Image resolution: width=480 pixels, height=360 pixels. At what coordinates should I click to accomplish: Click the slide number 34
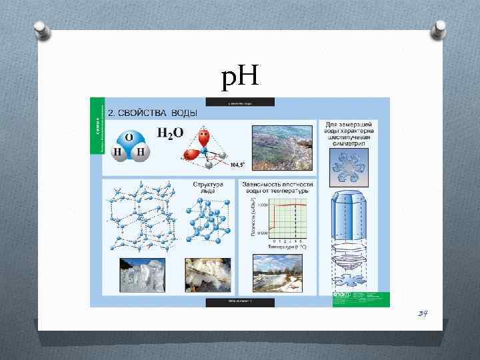point(422,313)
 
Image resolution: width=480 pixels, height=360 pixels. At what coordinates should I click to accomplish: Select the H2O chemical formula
point(170,133)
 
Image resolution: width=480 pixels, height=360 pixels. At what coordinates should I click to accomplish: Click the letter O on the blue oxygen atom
point(129,137)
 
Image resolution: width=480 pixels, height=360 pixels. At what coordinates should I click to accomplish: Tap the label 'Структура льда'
point(207,187)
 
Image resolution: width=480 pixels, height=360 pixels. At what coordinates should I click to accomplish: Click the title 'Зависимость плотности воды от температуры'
point(277,187)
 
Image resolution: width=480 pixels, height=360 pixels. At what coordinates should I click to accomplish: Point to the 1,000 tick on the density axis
point(264,205)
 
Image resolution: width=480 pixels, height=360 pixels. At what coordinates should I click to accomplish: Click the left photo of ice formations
point(141,275)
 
